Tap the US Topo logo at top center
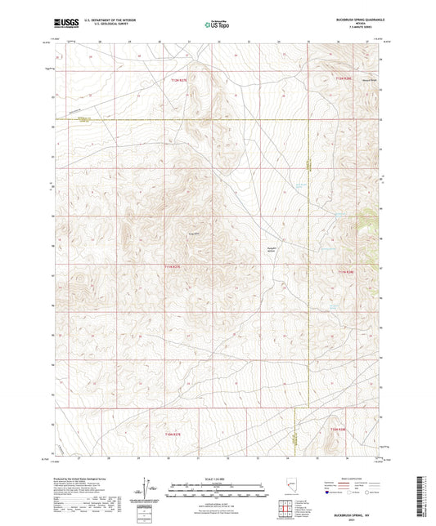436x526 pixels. pos(217,25)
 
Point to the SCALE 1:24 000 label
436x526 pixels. pos(217,477)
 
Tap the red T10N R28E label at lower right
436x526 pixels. pos(339,429)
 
